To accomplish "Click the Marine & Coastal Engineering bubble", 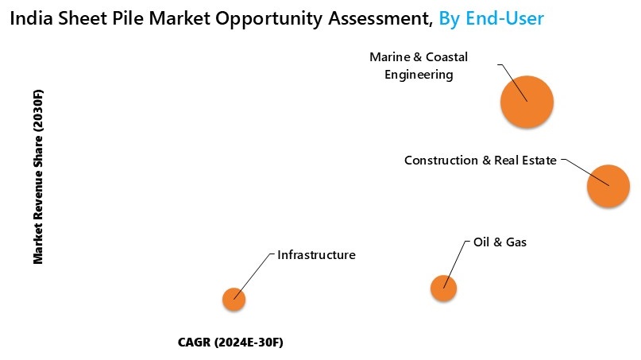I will tap(526, 102).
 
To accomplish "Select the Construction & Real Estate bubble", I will tap(608, 186).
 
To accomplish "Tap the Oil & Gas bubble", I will tap(443, 288).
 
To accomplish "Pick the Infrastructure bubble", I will tap(233, 300).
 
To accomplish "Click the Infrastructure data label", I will tap(316, 255).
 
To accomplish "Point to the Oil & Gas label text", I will tap(500, 242).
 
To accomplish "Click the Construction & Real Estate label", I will tap(480, 161).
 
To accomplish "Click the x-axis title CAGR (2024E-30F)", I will tap(230, 343).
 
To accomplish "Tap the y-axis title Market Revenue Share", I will tap(37, 176).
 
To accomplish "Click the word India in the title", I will tap(29, 17).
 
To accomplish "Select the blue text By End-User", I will tap(492, 17).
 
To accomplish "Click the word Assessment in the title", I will tap(382, 17).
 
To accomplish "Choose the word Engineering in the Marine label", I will tap(419, 75).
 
